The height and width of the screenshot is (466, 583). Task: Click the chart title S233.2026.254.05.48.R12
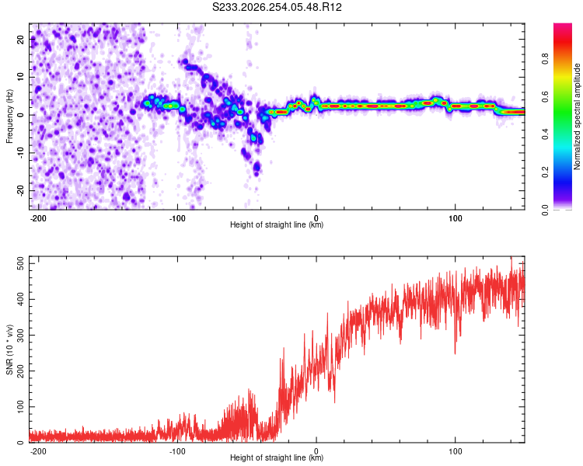coord(277,7)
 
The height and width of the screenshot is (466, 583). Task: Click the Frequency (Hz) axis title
coord(9,116)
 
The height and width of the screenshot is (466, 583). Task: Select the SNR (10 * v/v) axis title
coord(9,349)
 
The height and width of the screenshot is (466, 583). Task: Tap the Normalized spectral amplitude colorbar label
coord(577,116)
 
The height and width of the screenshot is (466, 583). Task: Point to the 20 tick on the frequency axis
coord(21,39)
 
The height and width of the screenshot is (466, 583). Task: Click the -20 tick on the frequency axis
coord(21,190)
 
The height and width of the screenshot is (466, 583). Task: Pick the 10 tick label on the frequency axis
coord(21,77)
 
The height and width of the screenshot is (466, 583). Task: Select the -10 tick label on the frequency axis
coord(21,153)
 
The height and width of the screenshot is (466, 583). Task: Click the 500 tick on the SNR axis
coord(21,264)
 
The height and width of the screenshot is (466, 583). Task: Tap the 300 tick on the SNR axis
coord(21,336)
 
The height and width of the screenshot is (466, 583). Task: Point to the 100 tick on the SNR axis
coord(21,406)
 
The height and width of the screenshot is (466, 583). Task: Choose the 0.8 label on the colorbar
coord(545,59)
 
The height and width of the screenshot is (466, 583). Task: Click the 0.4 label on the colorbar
coord(545,134)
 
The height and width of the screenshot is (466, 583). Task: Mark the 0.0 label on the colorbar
coord(545,210)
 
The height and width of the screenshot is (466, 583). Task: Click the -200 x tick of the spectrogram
coord(38,218)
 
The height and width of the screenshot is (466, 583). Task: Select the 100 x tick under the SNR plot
coord(455,451)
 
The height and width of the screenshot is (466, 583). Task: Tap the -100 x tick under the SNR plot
coord(177,451)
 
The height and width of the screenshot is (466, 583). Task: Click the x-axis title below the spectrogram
coord(277,224)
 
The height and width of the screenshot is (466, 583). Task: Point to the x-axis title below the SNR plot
coord(277,457)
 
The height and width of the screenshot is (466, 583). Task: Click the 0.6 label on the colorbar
coord(545,96)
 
